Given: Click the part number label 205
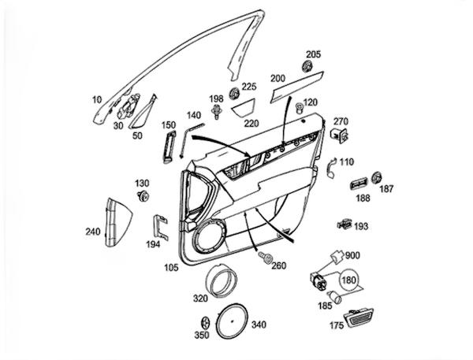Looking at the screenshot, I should [314, 55].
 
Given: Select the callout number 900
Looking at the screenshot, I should [352, 257].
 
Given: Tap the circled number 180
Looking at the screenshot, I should [348, 279].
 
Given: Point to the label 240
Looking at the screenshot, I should [92, 232].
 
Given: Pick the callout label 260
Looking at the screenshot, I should [278, 265].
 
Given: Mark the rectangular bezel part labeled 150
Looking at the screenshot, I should [167, 146].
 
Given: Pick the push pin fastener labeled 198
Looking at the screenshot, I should [217, 115].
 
